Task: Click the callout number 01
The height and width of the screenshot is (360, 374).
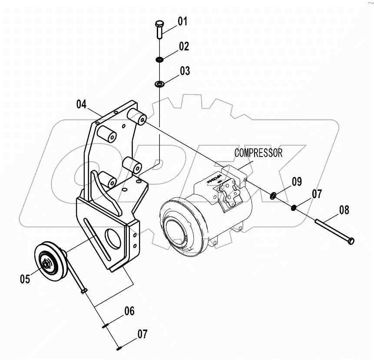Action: tap(182, 21)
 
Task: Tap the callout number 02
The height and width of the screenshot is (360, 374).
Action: tap(184, 47)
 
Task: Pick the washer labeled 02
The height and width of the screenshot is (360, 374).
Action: tap(159, 59)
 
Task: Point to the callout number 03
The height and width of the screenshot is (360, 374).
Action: tap(185, 71)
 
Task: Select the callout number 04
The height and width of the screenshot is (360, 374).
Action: tap(82, 104)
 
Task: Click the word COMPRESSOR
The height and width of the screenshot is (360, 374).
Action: tap(258, 153)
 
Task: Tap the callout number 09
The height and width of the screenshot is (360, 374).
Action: tap(296, 182)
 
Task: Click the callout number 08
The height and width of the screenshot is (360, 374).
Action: tap(344, 210)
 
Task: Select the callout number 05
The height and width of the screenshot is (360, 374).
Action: tap(25, 279)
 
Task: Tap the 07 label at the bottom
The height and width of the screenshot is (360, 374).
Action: tap(142, 334)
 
